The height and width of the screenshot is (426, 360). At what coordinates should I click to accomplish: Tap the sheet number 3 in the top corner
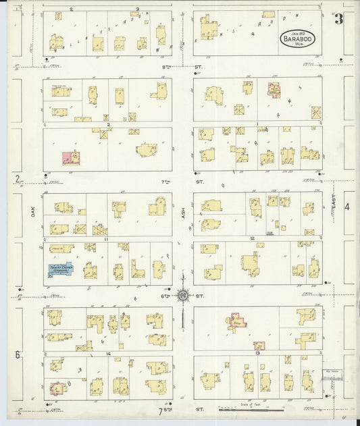[x=338, y=19]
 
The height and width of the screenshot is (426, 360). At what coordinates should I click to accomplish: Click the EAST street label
[x=333, y=203]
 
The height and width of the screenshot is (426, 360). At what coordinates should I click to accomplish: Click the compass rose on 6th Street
[x=182, y=294]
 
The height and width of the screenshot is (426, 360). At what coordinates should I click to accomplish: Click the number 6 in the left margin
[x=18, y=355]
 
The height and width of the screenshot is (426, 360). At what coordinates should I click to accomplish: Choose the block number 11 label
[x=106, y=239]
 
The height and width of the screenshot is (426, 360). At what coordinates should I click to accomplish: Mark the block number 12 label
[x=251, y=239]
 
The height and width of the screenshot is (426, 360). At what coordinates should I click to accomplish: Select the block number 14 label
[x=107, y=353]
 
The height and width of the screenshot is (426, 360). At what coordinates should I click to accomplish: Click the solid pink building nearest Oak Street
[x=70, y=158]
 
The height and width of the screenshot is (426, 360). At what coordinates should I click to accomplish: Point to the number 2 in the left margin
[x=17, y=179]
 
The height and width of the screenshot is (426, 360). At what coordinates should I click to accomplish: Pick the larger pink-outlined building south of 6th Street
[x=236, y=322]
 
